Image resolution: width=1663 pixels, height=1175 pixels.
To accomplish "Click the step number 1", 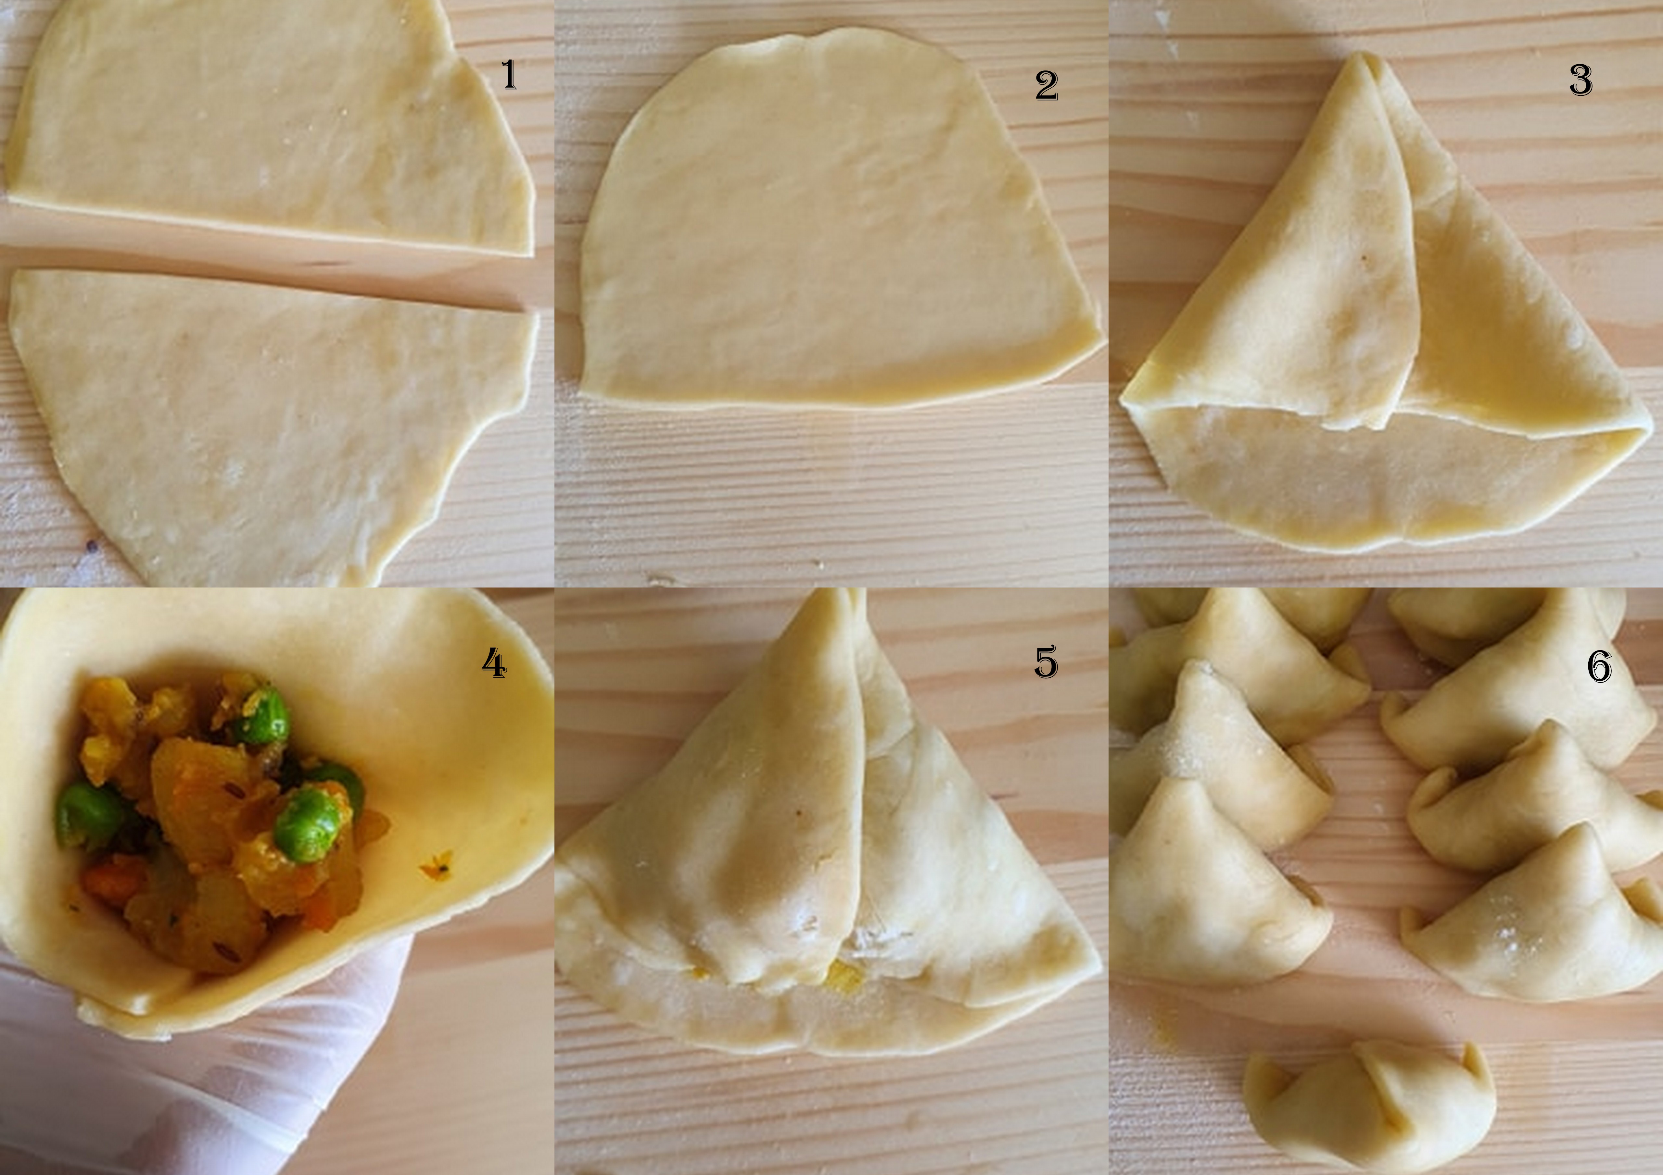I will point(509,75).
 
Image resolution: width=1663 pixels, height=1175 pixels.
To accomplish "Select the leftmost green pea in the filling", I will point(87,814).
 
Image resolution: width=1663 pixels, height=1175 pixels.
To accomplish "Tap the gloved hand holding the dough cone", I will point(217,1086).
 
